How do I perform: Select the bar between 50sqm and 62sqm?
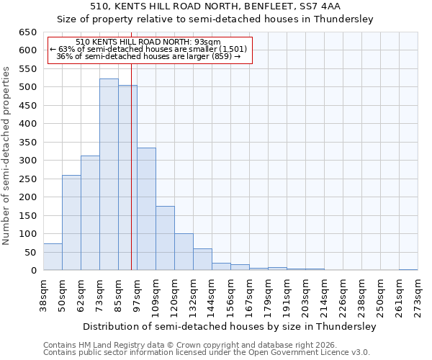click(71, 222)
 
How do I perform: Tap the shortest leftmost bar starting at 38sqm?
click(53, 257)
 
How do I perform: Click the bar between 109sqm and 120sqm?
click(165, 238)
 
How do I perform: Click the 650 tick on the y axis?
click(28, 32)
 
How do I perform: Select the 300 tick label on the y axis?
click(28, 161)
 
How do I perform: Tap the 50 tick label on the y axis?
click(31, 253)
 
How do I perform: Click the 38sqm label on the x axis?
click(43, 294)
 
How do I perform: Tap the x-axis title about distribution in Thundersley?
click(230, 327)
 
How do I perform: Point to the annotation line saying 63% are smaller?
click(148, 49)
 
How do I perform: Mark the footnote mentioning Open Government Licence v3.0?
click(206, 353)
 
